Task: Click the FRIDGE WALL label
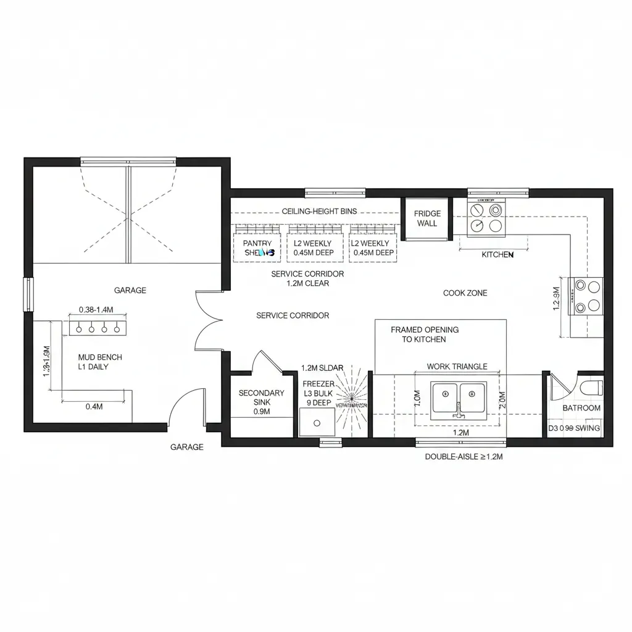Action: pyautogui.click(x=426, y=218)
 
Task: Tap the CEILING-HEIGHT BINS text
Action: pyautogui.click(x=319, y=211)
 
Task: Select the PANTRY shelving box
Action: pyautogui.click(x=257, y=248)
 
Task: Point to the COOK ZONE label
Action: pyautogui.click(x=465, y=293)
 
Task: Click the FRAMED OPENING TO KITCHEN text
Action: pyautogui.click(x=425, y=335)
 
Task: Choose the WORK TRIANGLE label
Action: pyautogui.click(x=457, y=367)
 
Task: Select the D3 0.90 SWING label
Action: pyautogui.click(x=574, y=428)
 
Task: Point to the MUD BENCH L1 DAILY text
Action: pyautogui.click(x=100, y=362)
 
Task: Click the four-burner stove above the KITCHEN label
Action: pyautogui.click(x=486, y=218)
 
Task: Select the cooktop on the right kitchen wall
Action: pyautogui.click(x=587, y=296)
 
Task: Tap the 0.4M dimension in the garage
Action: pyautogui.click(x=94, y=406)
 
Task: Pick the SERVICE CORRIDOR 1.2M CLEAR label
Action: pyautogui.click(x=307, y=278)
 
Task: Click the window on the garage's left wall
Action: pyautogui.click(x=28, y=294)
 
